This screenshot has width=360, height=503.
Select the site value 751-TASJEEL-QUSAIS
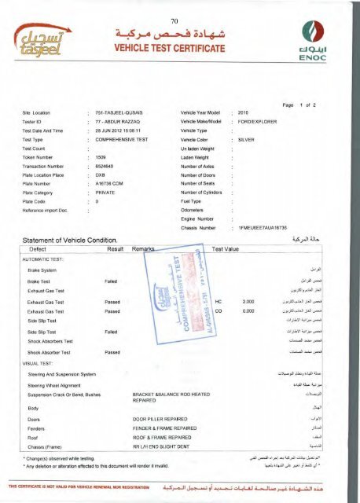tap(121, 113)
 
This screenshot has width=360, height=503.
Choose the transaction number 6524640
tap(105, 181)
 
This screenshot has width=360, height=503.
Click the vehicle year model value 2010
tap(243, 113)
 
